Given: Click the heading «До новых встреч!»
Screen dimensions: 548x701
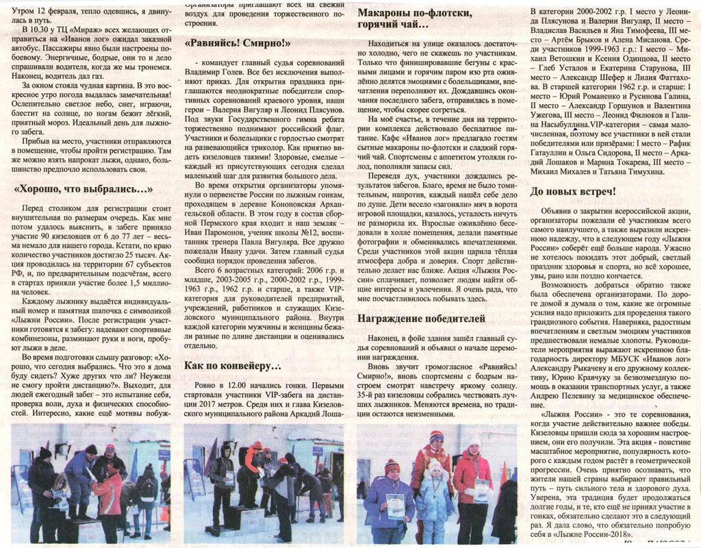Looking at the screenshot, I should pos(573,191).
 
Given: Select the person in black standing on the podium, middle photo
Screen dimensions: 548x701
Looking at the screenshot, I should pos(222,480).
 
